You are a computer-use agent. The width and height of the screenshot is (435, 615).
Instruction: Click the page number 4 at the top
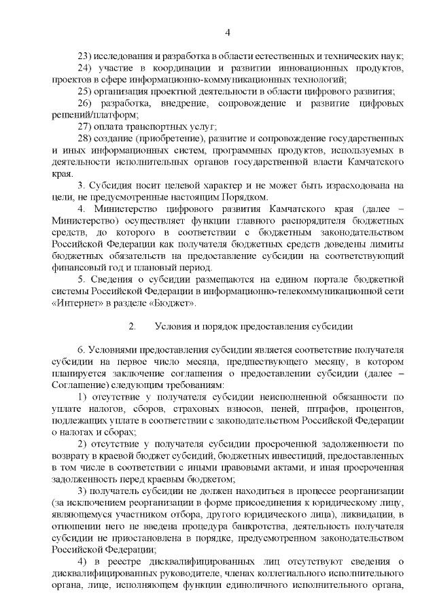(x=228, y=31)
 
